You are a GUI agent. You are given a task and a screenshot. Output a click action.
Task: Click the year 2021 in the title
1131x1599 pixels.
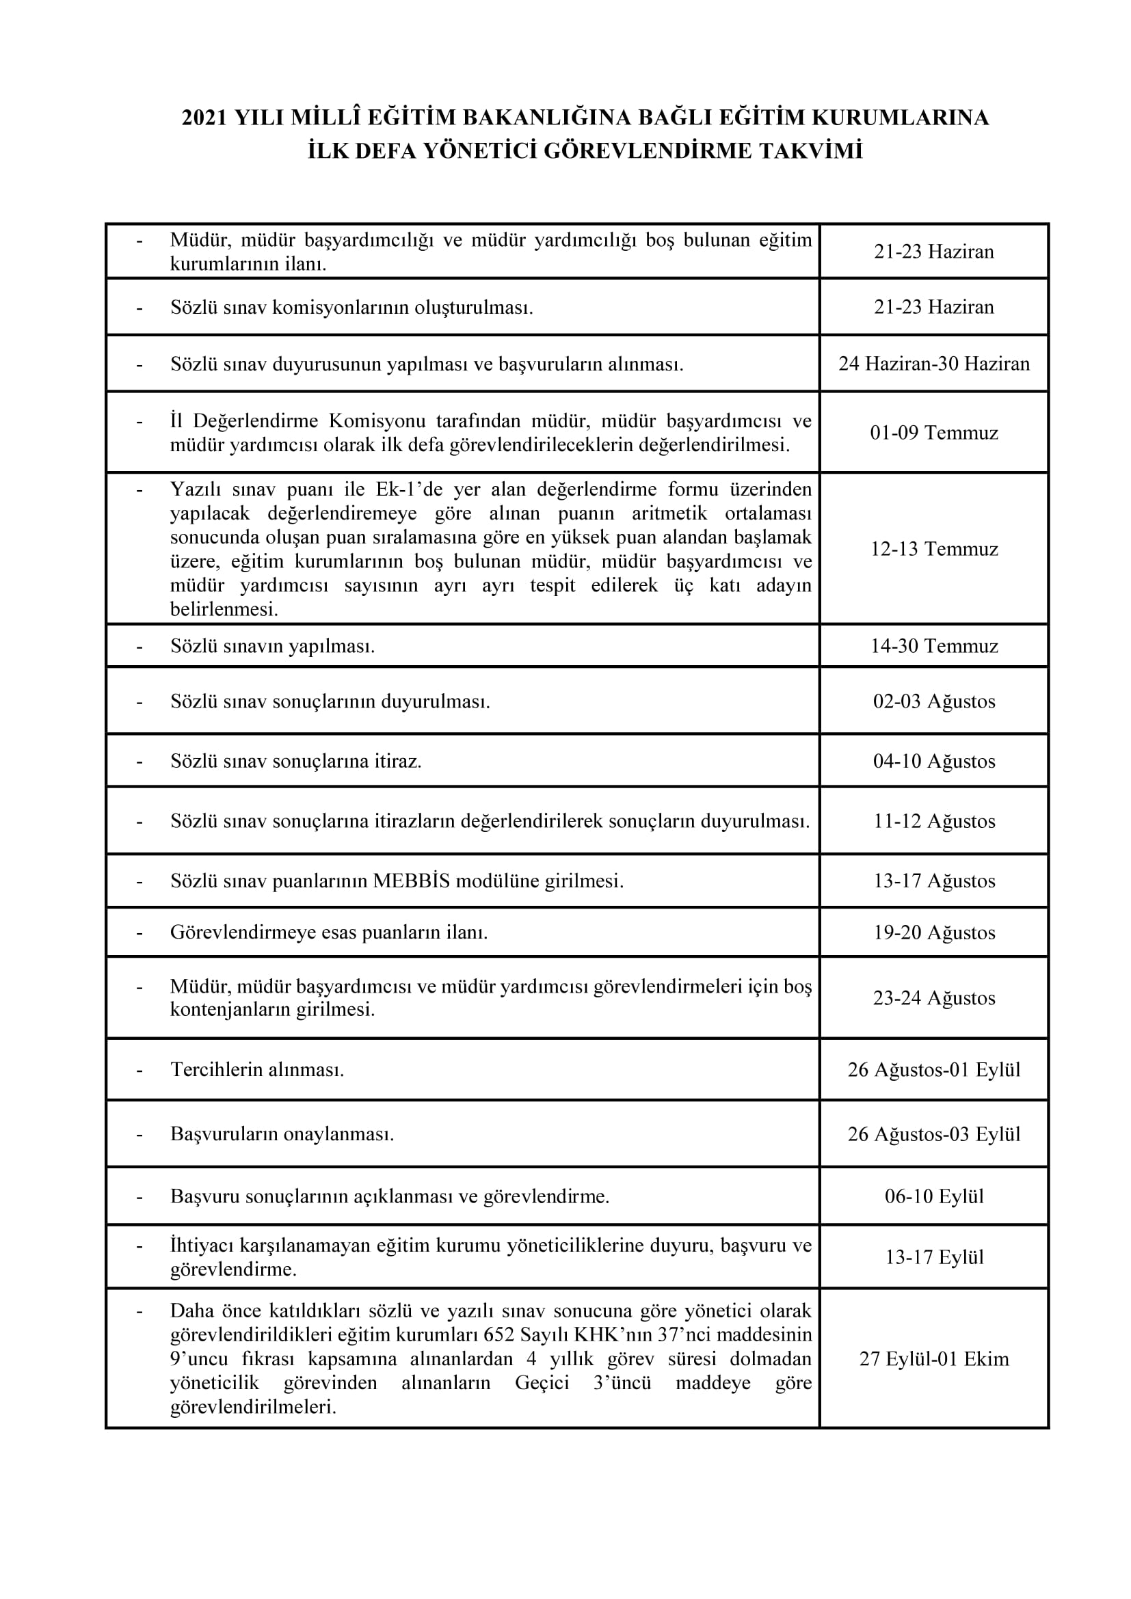(204, 118)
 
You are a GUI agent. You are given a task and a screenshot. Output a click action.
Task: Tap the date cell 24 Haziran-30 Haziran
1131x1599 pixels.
(934, 364)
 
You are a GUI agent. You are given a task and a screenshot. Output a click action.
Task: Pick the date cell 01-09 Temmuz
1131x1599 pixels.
(934, 433)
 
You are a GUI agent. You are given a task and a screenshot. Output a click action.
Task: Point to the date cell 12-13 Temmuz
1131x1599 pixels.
(934, 549)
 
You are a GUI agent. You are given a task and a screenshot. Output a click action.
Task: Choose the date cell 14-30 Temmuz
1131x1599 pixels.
(934, 645)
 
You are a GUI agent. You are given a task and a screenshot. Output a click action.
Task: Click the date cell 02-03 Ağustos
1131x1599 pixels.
(934, 701)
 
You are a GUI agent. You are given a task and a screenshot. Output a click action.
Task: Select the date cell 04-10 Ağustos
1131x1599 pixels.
(934, 760)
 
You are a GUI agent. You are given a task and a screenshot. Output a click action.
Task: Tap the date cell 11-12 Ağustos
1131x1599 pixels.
(934, 820)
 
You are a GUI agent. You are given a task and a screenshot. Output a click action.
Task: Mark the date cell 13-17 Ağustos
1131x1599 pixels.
(934, 881)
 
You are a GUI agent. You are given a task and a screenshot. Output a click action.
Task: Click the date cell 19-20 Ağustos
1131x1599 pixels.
(934, 932)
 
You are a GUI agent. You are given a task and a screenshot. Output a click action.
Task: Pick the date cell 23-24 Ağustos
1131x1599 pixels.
(934, 997)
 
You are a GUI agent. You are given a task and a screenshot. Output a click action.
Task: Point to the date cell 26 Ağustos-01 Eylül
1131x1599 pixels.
(934, 1069)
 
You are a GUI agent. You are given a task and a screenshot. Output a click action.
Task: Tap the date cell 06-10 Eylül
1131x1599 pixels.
(934, 1196)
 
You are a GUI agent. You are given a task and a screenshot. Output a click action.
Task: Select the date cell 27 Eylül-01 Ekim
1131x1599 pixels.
(934, 1358)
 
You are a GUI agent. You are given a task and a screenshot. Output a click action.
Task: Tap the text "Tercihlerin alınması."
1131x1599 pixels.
(257, 1069)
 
